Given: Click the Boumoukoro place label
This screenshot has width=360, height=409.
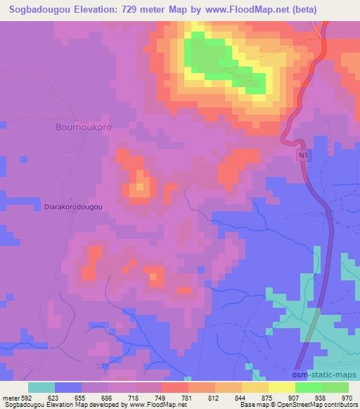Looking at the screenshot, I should point(83,129).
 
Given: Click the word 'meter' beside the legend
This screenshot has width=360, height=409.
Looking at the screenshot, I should point(10,397).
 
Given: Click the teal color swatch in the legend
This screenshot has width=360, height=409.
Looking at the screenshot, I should point(41,387).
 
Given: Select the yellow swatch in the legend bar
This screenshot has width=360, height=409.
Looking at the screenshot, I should point(282,387).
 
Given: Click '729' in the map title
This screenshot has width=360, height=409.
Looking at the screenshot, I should point(135,10).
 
